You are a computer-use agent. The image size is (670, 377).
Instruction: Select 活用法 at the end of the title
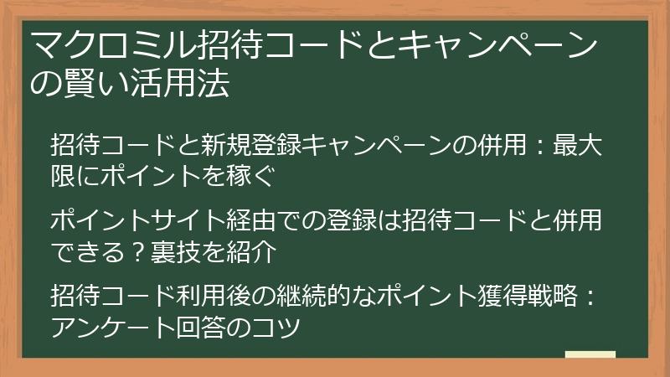point(185,84)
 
